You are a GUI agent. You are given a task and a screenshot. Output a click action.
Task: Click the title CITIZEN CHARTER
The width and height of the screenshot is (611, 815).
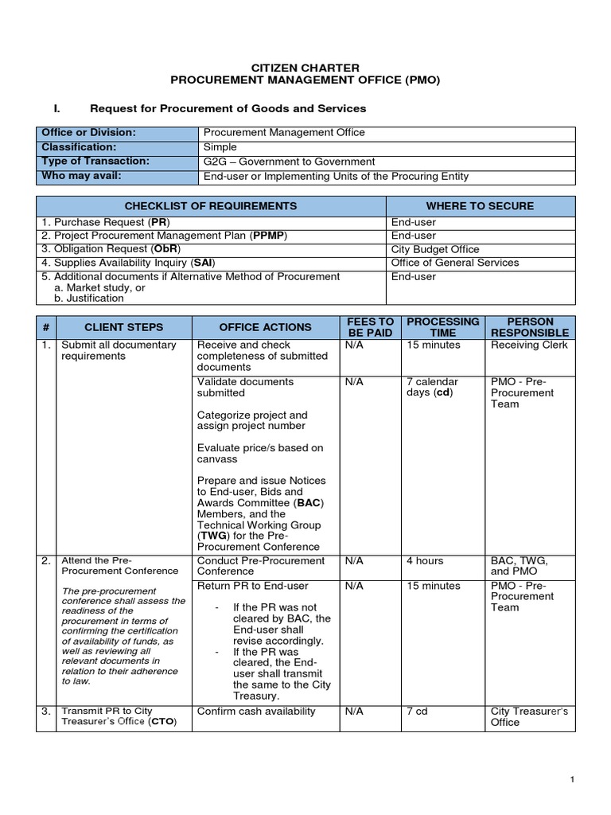point(305,68)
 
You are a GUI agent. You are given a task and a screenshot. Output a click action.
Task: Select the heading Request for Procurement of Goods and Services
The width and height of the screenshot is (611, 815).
point(228,108)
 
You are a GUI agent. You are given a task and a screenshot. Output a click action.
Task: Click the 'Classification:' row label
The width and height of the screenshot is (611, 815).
point(79,147)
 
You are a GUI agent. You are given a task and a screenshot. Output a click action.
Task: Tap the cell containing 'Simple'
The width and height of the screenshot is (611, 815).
point(220,147)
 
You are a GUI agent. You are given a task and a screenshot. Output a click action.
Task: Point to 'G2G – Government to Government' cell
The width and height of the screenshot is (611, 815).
point(289,162)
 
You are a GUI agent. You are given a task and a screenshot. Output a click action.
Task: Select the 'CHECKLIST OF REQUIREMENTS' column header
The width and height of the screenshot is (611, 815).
point(210,206)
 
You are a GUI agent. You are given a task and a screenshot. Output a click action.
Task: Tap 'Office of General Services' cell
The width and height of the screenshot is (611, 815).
point(454,263)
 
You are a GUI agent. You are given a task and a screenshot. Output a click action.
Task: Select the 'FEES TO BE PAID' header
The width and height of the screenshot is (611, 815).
point(370,327)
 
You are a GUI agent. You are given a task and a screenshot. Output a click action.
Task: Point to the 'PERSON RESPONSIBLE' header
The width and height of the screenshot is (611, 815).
point(530,327)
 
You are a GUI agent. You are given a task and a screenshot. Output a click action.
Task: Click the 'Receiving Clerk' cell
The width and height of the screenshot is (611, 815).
point(529,345)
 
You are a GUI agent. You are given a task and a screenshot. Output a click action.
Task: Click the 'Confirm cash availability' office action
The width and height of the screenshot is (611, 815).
point(256,712)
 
